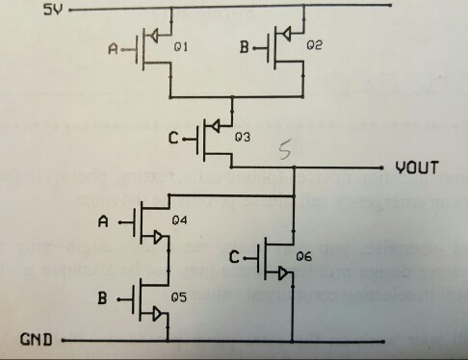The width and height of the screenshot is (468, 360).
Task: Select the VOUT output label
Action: tap(417, 168)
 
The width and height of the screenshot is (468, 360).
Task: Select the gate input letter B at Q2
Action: tap(245, 46)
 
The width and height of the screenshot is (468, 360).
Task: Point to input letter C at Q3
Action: tap(173, 140)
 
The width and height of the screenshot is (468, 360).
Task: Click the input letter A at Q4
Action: tap(106, 222)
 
